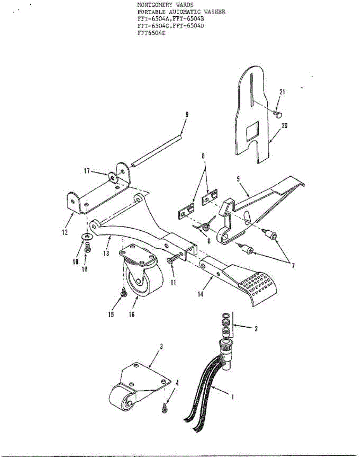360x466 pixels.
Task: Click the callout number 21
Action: tap(282, 92)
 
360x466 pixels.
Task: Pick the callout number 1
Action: tap(232, 397)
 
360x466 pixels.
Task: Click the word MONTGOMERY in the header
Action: tap(154, 5)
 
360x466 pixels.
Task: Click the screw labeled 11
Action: tap(173, 260)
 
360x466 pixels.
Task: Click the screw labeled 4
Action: tap(164, 406)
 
